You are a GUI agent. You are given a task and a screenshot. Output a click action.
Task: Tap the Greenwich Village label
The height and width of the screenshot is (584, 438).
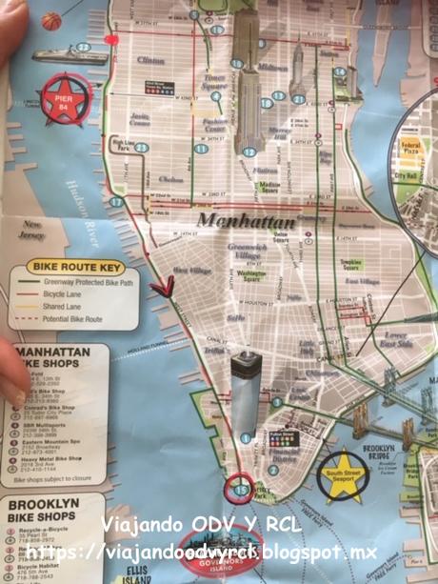tap(249, 250)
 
